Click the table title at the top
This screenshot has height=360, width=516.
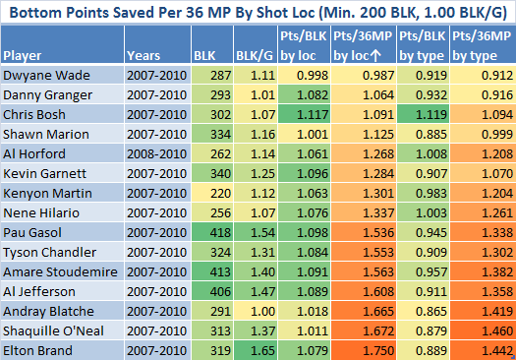[258, 13]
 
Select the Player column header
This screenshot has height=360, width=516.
[23, 56]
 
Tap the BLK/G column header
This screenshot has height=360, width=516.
[255, 56]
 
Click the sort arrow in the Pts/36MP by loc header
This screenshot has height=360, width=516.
[375, 56]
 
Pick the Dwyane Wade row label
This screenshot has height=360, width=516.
[46, 76]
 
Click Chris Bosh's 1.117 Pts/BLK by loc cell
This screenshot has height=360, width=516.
[304, 115]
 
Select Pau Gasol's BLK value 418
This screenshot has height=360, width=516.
[212, 232]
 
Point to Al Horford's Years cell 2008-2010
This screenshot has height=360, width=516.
[157, 153]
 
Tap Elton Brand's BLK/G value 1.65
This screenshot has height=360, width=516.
[256, 350]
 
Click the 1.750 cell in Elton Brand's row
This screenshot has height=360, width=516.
[364, 350]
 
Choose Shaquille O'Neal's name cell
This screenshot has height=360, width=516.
[53, 331]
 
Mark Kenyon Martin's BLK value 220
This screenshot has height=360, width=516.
[212, 194]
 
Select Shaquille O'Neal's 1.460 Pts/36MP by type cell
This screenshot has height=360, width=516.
[483, 331]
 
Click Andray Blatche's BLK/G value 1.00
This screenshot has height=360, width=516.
[256, 311]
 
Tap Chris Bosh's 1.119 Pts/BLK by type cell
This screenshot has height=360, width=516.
[423, 115]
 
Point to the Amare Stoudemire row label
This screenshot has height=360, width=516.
[60, 272]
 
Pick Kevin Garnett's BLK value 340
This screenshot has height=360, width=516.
[212, 173]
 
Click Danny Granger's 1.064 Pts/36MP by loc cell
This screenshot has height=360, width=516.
[364, 94]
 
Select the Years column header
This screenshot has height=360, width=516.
[143, 56]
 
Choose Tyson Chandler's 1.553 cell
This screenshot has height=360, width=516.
[364, 253]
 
